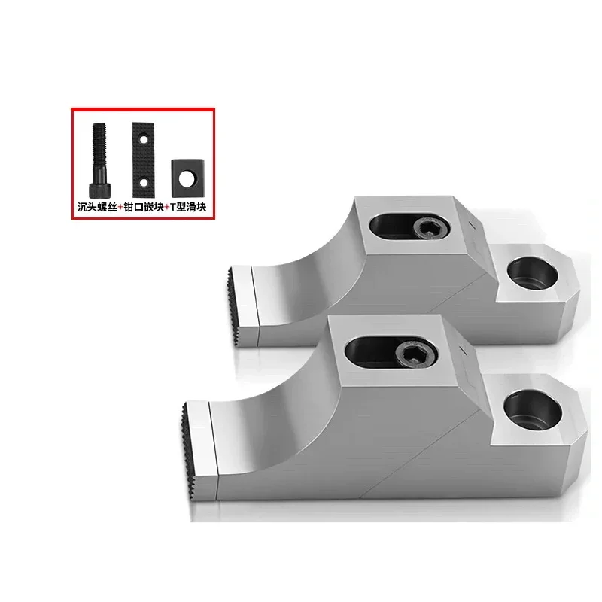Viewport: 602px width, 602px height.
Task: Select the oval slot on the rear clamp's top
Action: (x=403, y=225)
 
